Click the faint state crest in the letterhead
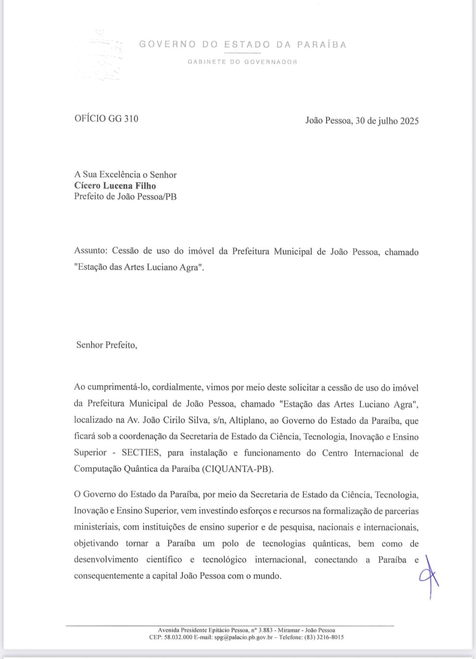pyautogui.click(x=102, y=54)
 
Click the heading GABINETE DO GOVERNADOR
pyautogui.click(x=242, y=62)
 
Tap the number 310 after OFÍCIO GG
pyautogui.click(x=131, y=118)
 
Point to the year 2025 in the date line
pyautogui.click(x=409, y=121)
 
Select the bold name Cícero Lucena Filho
pyautogui.click(x=115, y=186)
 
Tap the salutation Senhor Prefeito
pyautogui.click(x=106, y=345)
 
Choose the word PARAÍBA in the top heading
pyautogui.click(x=321, y=44)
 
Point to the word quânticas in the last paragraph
pyautogui.click(x=328, y=544)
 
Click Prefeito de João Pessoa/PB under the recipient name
pyautogui.click(x=125, y=196)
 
